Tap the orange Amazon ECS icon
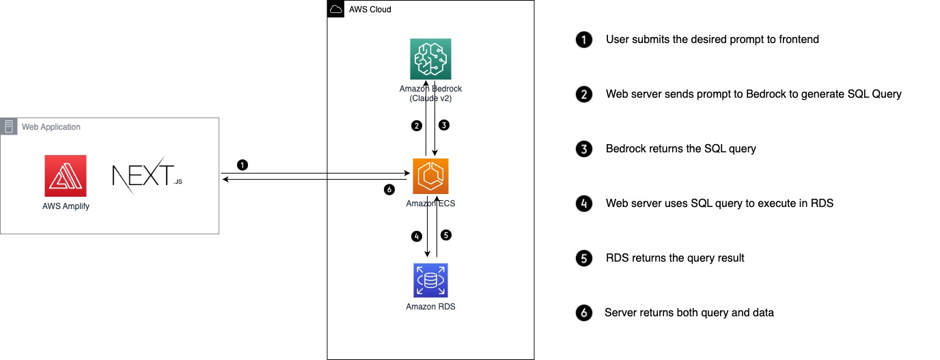tap(430, 176)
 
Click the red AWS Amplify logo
tap(66, 176)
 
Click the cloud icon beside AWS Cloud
tap(335, 10)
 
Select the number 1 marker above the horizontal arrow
tap(242, 165)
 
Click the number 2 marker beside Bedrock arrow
tap(415, 126)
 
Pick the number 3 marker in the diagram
tap(444, 125)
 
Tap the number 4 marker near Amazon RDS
tap(416, 236)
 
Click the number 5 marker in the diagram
tap(446, 235)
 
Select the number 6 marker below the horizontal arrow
tap(389, 190)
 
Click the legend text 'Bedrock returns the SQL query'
tap(680, 149)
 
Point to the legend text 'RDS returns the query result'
tap(675, 258)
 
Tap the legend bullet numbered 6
tap(583, 313)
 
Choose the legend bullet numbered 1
tap(583, 40)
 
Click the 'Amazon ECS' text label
tap(430, 204)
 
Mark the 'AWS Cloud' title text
tap(370, 10)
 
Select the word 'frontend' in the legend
tap(799, 40)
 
